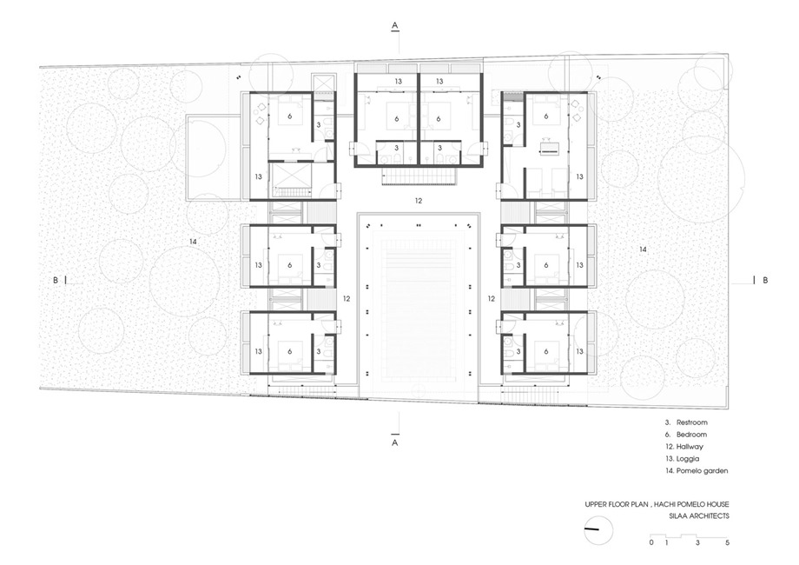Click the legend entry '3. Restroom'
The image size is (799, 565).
pos(686,422)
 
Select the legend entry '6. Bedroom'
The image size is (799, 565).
pos(686,435)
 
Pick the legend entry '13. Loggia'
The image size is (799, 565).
pos(683,458)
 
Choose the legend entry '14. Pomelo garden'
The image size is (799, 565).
pos(697,470)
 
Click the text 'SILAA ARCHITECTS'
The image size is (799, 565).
pos(699,516)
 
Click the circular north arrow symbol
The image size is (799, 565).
pos(598,530)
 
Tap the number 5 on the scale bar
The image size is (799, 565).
pos(727,542)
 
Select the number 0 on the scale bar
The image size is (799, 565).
pos(651,542)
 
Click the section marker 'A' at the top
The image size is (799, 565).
pos(395,24)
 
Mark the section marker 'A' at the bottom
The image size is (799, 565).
pos(395,443)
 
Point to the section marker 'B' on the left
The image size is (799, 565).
pos(56,280)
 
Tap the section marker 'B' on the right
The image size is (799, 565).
pos(765,280)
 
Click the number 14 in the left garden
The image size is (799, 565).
pos(193,242)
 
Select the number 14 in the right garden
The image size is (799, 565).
pos(643,249)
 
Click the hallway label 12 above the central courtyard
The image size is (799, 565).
pos(419,201)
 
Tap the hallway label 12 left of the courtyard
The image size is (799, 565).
pos(347,299)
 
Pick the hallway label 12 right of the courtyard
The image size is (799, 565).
pos(492,299)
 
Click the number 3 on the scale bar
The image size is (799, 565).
pos(697,542)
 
